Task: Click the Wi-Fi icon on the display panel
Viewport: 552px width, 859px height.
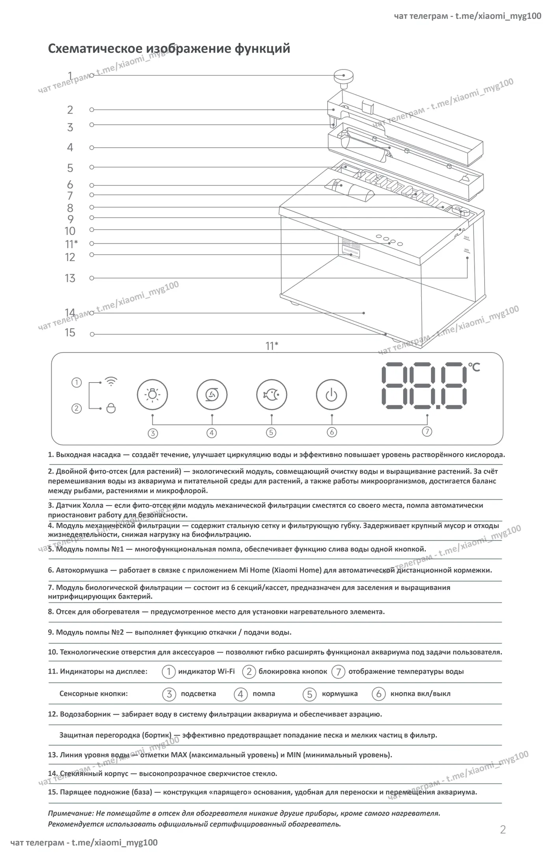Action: [x=111, y=381]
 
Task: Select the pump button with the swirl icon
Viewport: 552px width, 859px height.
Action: [x=212, y=395]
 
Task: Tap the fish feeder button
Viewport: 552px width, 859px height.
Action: [x=272, y=395]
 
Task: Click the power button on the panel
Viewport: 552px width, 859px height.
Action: [x=332, y=395]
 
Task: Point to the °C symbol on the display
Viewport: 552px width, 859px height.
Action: [x=474, y=367]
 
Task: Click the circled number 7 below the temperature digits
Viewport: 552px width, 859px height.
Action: [x=427, y=431]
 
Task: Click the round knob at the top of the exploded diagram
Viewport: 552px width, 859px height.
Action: [x=343, y=76]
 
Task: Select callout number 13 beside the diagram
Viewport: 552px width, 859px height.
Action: [x=70, y=278]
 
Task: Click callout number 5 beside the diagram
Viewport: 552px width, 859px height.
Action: [x=70, y=168]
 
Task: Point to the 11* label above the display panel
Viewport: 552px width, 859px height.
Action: [x=272, y=346]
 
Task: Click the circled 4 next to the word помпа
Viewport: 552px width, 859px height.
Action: [x=241, y=694]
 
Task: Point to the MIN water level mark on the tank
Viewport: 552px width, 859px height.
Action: [x=466, y=250]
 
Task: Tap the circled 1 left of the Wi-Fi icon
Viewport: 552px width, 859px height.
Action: [x=76, y=382]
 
